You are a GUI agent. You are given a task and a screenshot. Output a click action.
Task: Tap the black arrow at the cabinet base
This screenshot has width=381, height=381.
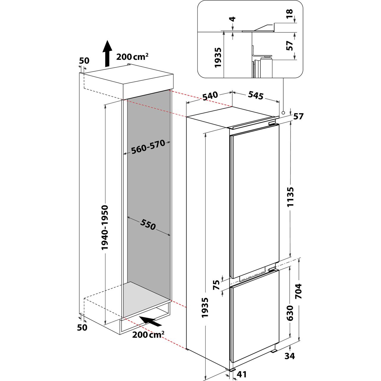tap(152, 322)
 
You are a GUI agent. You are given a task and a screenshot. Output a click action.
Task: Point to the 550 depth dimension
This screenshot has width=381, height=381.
tap(148, 225)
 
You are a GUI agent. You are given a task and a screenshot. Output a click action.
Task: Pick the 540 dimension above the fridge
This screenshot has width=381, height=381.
tap(210, 96)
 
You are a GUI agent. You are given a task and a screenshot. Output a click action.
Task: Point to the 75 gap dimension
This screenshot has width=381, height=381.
tap(216, 285)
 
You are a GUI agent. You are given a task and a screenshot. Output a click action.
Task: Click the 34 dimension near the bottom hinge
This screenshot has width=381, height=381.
tap(290, 356)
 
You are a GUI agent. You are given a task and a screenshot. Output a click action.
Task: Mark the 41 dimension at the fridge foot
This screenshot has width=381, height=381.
tap(241, 374)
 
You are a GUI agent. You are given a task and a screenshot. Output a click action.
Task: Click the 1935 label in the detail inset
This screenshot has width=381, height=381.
tap(218, 57)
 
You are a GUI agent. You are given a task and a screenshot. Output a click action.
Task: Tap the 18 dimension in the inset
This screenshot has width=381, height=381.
tap(290, 14)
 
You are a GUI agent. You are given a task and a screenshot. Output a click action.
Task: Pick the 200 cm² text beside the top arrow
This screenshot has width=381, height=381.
tap(132, 57)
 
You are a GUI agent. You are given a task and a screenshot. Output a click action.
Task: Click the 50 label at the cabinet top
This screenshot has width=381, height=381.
tap(84, 61)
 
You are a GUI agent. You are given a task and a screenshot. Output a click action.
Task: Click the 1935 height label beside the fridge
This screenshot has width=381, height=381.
tap(205, 307)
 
